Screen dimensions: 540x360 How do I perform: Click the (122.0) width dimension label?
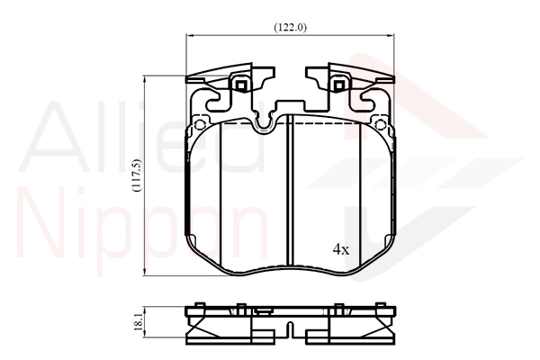pos(291,27)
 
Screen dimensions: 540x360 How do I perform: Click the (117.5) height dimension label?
pos(137,175)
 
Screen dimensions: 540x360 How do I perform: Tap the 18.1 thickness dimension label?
pos(138,322)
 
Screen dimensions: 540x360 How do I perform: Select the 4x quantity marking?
pos(341,249)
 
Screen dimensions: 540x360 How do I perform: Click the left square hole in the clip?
pos(241,85)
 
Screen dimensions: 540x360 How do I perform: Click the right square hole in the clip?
pos(339,85)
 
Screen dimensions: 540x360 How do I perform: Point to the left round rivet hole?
pos(200,124)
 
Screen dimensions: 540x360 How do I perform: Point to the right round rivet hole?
pos(380,124)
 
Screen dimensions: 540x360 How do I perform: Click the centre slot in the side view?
pos(291,329)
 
